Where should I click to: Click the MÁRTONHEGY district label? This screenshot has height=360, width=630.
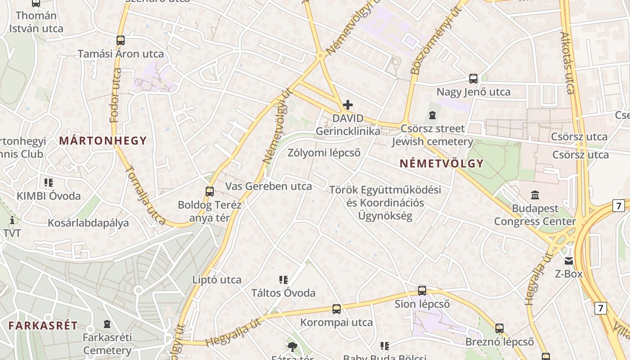(103, 140)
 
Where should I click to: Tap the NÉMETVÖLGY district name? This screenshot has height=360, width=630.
(441, 163)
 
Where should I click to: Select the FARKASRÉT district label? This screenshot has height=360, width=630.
(43, 325)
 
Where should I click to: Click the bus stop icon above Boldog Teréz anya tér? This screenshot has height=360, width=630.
(209, 191)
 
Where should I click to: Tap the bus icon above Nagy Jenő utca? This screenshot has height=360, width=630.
(473, 79)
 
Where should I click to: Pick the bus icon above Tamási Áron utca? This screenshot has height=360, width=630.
(120, 40)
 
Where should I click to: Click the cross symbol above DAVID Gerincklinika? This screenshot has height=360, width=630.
(347, 105)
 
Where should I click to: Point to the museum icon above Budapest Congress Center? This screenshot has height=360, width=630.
(535, 195)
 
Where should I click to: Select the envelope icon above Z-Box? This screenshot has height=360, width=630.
(569, 261)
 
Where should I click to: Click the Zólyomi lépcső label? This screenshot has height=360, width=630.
(324, 153)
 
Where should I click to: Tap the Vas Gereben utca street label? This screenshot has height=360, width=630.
(268, 186)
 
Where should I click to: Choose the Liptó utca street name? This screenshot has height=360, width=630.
(217, 279)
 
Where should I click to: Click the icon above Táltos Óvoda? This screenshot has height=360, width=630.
(283, 280)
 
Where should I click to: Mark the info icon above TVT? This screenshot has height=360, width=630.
(12, 220)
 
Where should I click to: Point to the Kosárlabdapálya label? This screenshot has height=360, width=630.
(88, 223)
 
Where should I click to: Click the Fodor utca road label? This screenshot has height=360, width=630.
(116, 95)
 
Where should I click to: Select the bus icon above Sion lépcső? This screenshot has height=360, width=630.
(422, 291)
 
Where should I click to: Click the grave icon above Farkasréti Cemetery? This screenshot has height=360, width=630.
(107, 324)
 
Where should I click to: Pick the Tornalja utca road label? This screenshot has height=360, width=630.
(145, 196)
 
